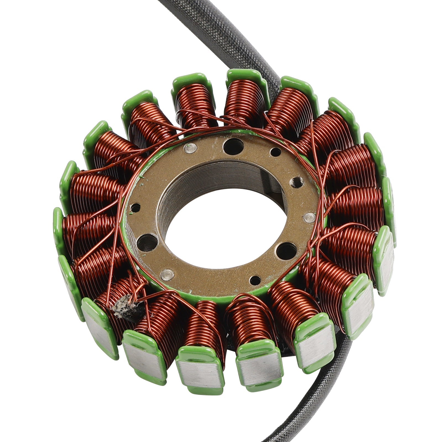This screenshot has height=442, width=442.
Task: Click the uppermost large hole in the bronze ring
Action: point(234,146)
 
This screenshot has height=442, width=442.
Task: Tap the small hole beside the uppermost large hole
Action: point(275,152)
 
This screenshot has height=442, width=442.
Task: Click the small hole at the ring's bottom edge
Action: point(255,281)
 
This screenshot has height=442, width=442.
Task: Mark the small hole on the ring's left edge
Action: point(135,208)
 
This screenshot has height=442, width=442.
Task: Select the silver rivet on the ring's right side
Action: point(309,218)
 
